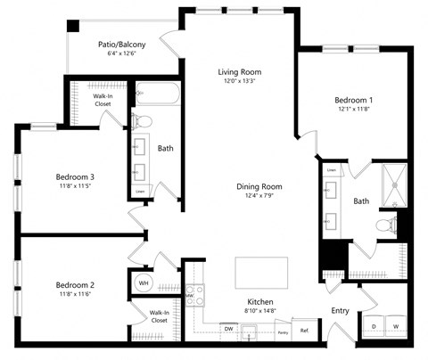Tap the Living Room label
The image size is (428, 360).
point(239,71)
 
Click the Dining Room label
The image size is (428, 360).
point(259,186)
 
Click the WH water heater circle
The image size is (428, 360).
point(143,282)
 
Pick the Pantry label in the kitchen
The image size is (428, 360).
point(282,331)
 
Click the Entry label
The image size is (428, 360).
point(340,310)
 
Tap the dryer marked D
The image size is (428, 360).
point(374,327)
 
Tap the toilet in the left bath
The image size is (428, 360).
point(142,121)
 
